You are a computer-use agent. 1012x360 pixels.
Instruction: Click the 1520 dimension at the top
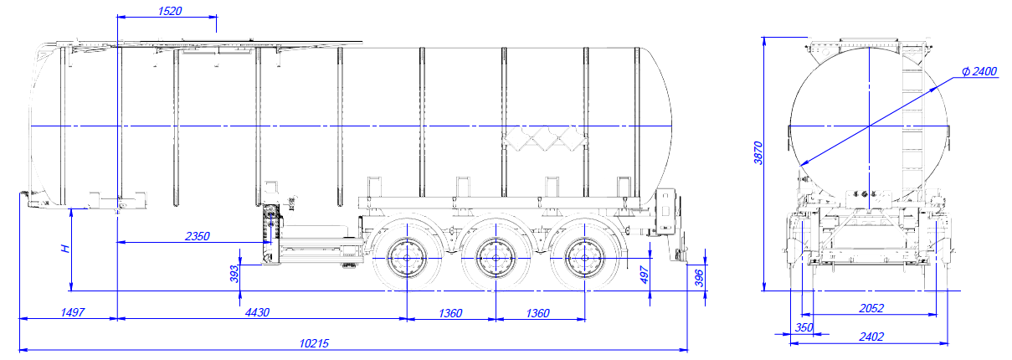(170, 11)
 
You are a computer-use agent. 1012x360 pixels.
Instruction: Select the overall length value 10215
(314, 344)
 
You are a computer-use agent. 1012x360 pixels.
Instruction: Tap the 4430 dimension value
(257, 312)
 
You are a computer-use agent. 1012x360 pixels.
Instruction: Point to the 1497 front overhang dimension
(73, 312)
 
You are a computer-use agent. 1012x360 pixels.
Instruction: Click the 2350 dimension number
(198, 236)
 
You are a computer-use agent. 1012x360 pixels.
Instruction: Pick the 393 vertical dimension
(234, 274)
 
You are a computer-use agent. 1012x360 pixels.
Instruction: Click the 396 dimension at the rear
(699, 278)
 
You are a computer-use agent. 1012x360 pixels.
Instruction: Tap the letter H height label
(65, 249)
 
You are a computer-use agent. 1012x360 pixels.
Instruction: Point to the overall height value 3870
(758, 153)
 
